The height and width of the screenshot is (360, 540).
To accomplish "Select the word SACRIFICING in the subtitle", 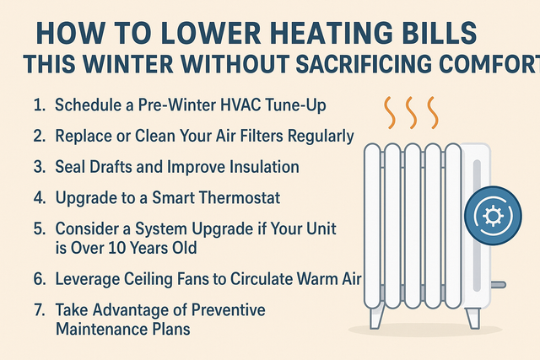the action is pyautogui.click(x=363, y=64).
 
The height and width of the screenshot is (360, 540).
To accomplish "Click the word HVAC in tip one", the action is pyautogui.click(x=240, y=105).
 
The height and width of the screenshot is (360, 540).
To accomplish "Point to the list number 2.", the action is pyautogui.click(x=40, y=136).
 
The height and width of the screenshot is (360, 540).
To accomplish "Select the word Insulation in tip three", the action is pyautogui.click(x=264, y=167).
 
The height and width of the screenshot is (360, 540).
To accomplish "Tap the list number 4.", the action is pyautogui.click(x=40, y=198).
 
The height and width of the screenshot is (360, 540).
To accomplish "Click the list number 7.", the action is pyautogui.click(x=40, y=309).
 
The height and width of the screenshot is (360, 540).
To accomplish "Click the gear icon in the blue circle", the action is pyautogui.click(x=493, y=216).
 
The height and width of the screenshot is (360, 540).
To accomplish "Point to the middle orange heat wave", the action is pyautogui.click(x=411, y=113).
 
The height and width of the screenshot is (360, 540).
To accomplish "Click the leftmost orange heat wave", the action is pyautogui.click(x=390, y=113).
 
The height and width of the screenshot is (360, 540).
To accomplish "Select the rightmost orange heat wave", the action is pyautogui.click(x=433, y=113).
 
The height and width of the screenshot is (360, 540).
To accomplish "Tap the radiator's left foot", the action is pyautogui.click(x=376, y=317).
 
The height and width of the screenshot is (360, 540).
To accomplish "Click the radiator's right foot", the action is pyautogui.click(x=472, y=318).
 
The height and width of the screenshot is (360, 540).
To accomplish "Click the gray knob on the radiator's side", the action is pyautogui.click(x=498, y=285).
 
